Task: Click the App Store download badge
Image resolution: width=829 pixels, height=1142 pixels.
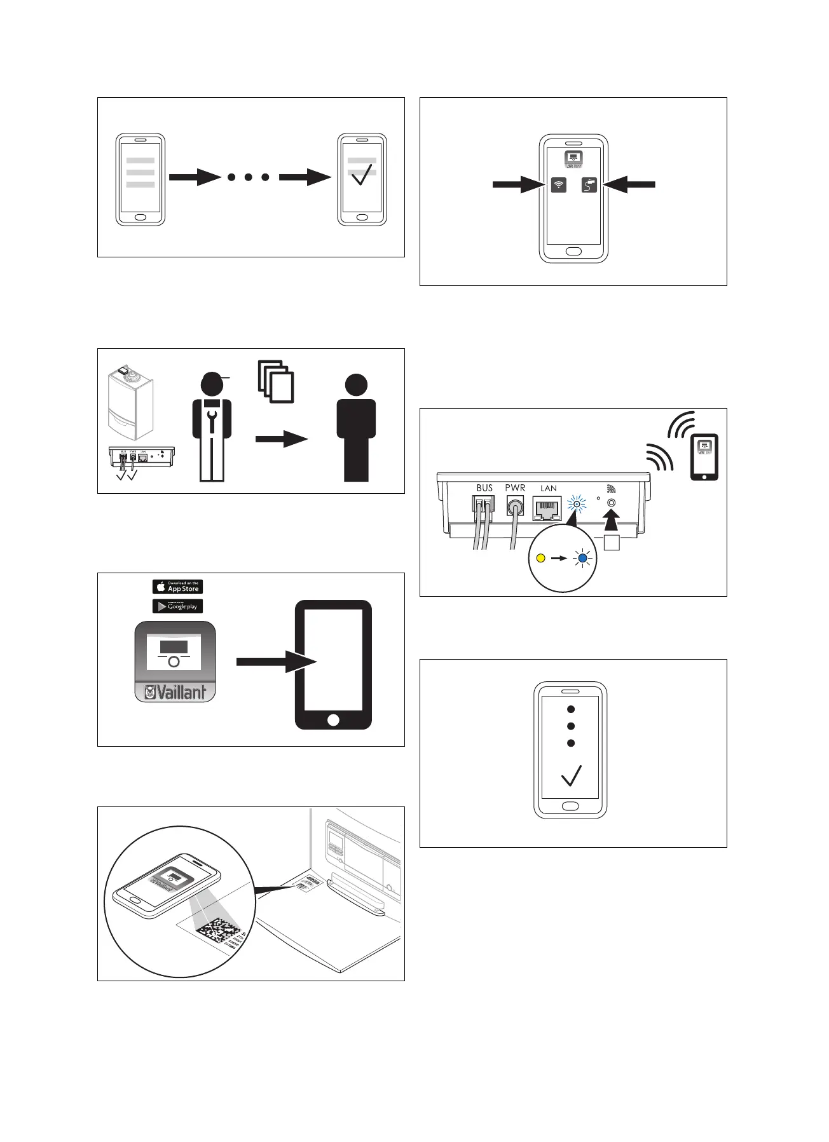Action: (177, 587)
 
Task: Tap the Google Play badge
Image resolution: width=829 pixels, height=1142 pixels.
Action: (177, 606)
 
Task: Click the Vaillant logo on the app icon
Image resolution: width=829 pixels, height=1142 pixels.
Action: (175, 691)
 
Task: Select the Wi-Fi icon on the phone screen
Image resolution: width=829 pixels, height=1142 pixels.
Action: (559, 185)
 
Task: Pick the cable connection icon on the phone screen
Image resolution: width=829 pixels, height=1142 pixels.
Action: (589, 185)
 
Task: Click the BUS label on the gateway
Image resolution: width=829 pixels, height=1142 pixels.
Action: (484, 488)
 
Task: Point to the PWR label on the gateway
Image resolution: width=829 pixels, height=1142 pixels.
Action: (515, 488)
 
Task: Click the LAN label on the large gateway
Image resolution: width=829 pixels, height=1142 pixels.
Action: (548, 488)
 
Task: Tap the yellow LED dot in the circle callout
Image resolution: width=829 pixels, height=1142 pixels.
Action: (541, 558)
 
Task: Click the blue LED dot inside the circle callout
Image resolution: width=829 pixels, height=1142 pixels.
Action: (582, 558)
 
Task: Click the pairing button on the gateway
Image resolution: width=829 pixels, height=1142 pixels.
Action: (612, 503)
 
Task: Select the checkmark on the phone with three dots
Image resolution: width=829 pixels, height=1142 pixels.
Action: (572, 775)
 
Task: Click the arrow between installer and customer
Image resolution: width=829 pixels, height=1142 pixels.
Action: (282, 439)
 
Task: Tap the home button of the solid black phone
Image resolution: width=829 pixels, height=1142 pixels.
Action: (333, 719)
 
